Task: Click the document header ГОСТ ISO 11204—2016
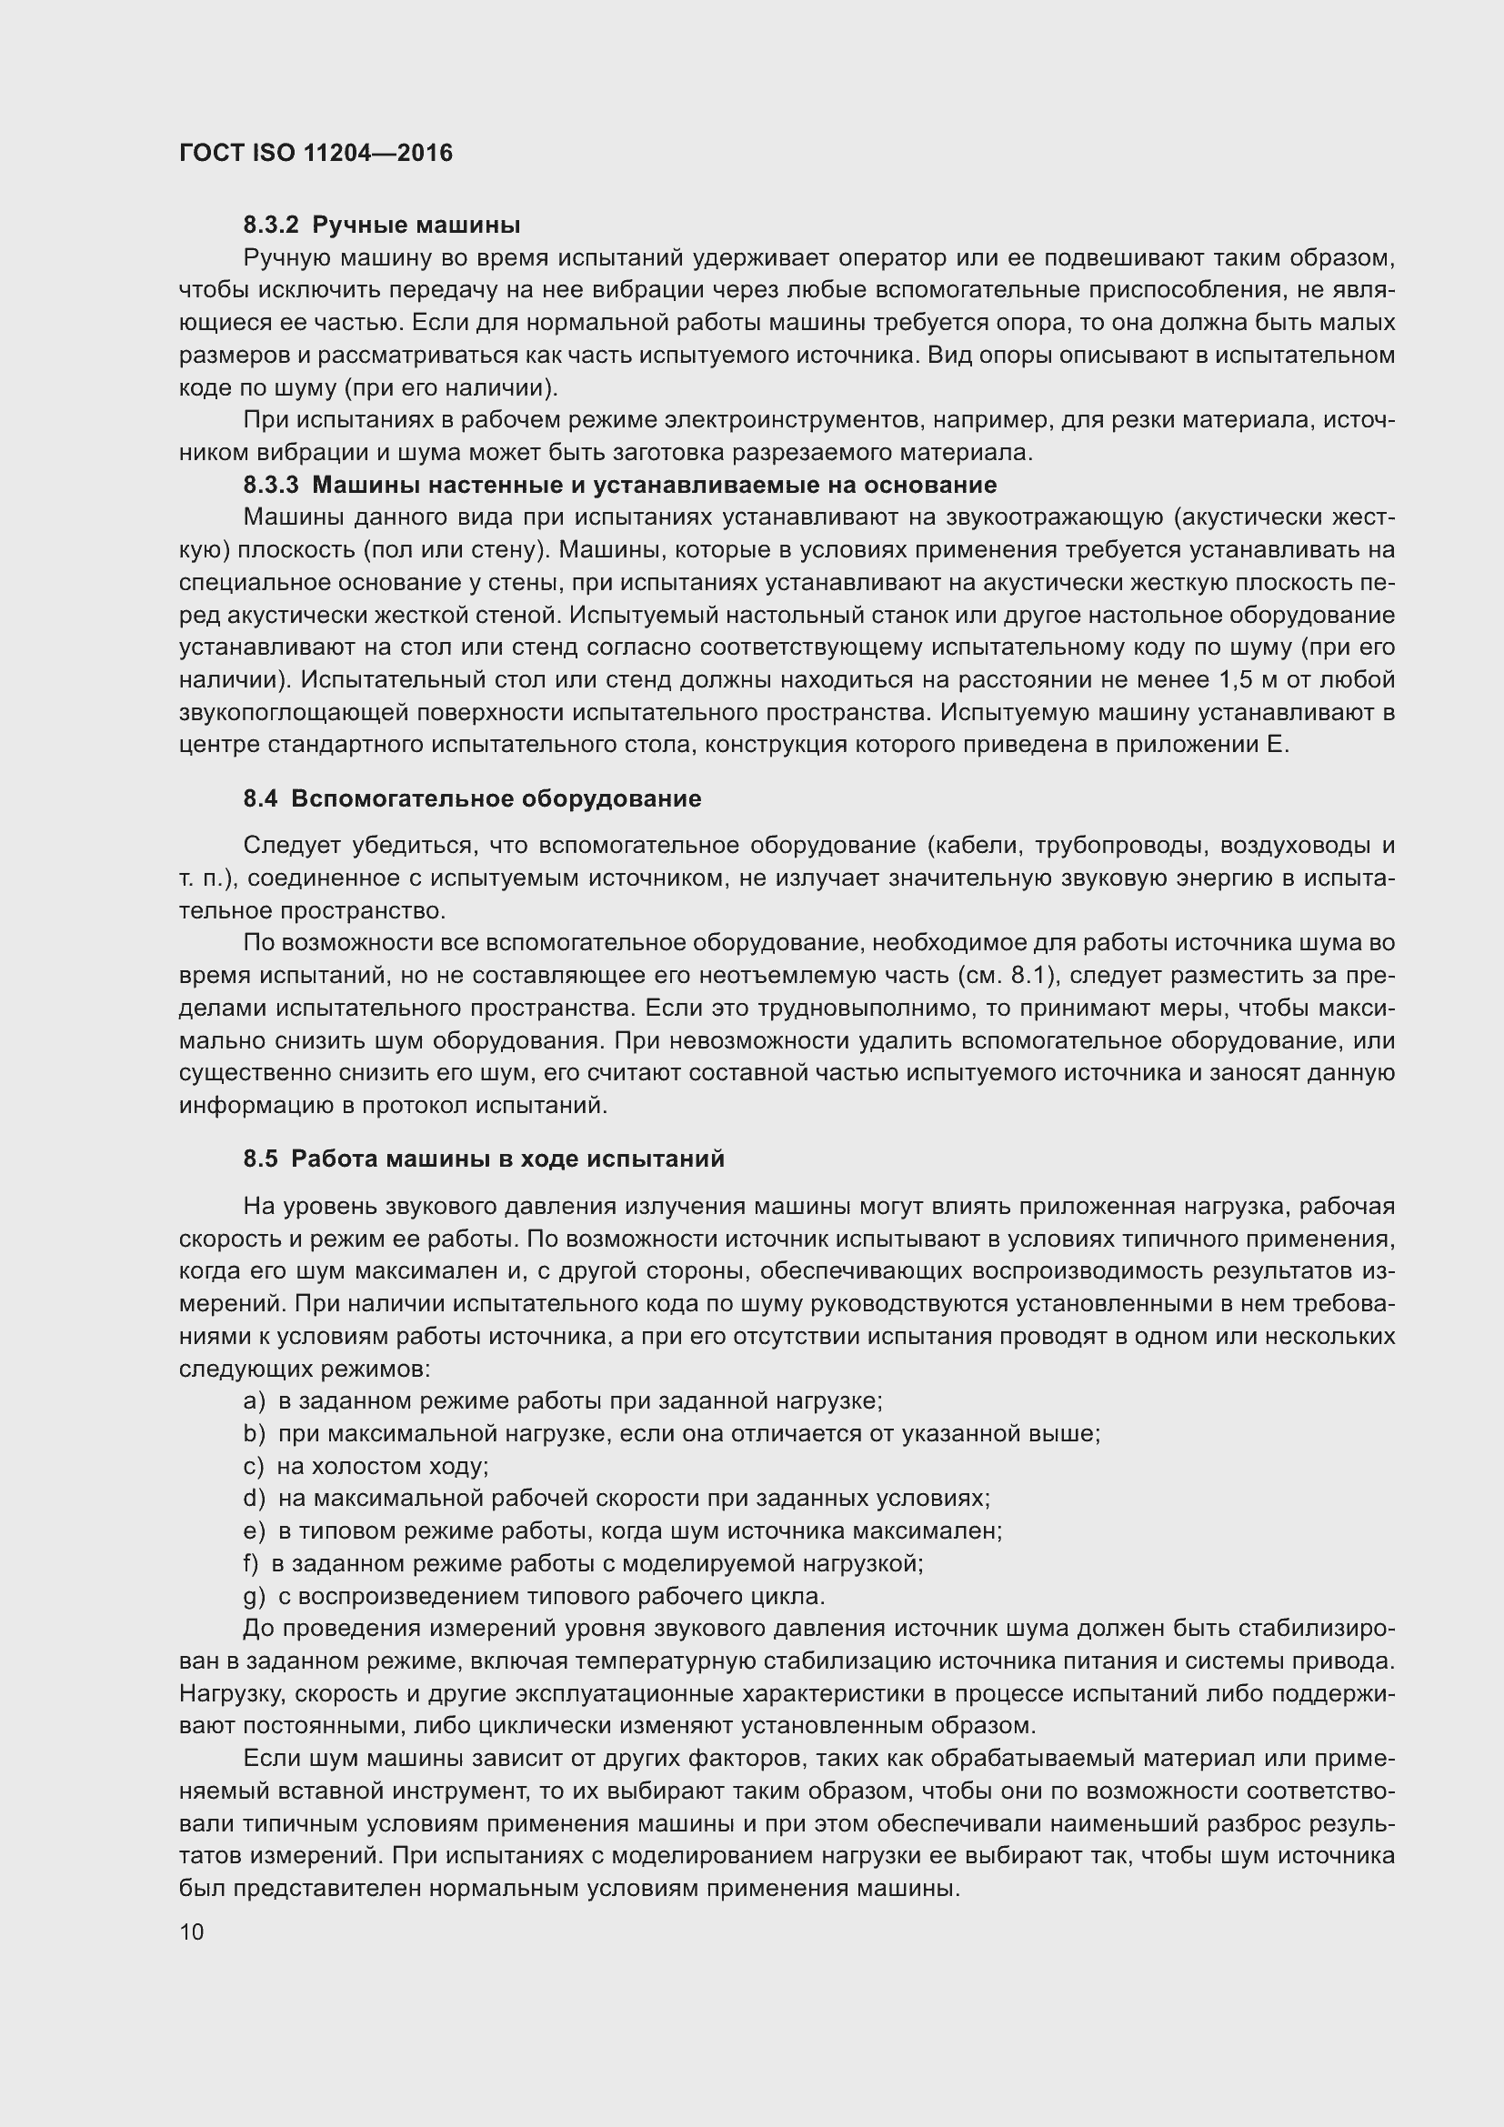(316, 153)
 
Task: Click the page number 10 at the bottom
(192, 1931)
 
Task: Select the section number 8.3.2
(271, 226)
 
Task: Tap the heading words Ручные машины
(416, 226)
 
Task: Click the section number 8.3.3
(271, 485)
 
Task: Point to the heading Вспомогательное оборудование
(496, 798)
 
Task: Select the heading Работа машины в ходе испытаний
(507, 1159)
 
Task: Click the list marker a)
(254, 1400)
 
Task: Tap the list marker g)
(254, 1596)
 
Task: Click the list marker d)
(254, 1498)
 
